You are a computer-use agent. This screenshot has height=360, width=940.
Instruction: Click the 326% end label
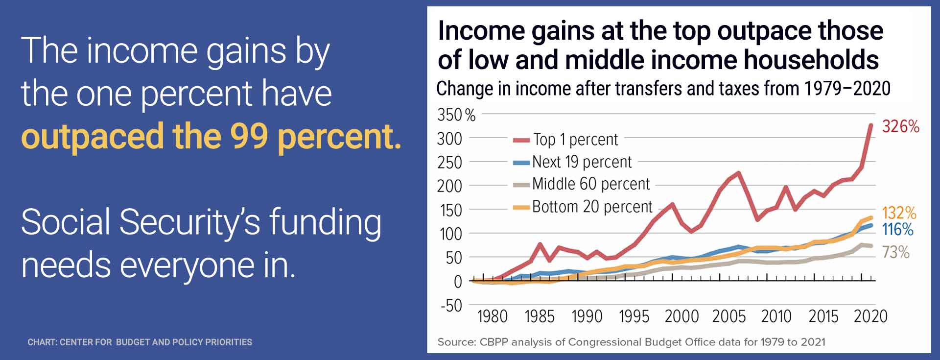pyautogui.click(x=900, y=126)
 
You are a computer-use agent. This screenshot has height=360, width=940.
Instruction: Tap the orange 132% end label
pyautogui.click(x=899, y=213)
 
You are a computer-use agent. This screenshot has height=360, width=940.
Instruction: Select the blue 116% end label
pyautogui.click(x=897, y=229)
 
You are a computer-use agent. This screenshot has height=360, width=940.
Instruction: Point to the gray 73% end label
pyautogui.click(x=895, y=252)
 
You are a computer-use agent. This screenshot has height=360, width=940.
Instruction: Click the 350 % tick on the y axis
pyautogui.click(x=456, y=115)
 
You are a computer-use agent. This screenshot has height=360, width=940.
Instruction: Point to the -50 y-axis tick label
pyautogui.click(x=451, y=305)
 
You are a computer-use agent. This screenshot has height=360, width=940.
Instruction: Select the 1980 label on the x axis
pyautogui.click(x=492, y=316)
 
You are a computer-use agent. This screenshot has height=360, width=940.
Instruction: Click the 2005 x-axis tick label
pyautogui.click(x=728, y=316)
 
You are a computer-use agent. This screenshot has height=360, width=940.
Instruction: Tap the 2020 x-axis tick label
pyautogui.click(x=870, y=316)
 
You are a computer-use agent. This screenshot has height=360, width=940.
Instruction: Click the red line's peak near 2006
pyautogui.click(x=738, y=172)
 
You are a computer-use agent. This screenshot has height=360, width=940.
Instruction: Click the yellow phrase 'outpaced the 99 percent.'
pyautogui.click(x=211, y=136)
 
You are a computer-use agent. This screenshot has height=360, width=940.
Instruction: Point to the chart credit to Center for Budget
pyautogui.click(x=140, y=342)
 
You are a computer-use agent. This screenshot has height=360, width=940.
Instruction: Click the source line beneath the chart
pyautogui.click(x=631, y=342)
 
